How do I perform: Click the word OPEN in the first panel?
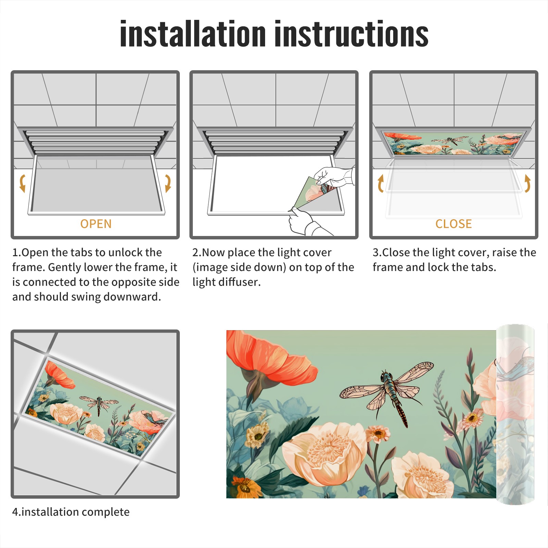pos(96,224)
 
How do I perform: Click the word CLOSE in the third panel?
pos(453,224)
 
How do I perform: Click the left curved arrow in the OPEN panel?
pos(22,183)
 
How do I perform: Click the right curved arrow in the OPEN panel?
pos(168,183)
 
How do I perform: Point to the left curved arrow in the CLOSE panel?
pos(380,183)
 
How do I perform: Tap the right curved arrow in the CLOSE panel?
pos(527,183)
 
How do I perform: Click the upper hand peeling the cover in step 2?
pos(334,177)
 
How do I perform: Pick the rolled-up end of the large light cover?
pos(515,414)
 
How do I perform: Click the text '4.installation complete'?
pos(71,512)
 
